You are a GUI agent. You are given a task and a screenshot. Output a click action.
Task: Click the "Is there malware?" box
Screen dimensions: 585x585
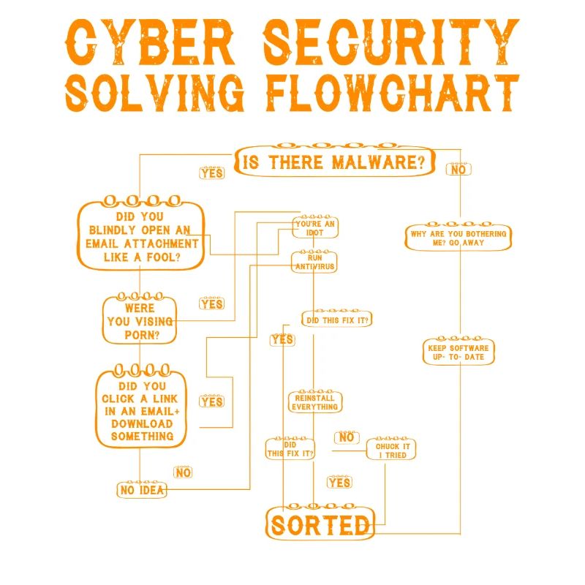pyautogui.click(x=333, y=162)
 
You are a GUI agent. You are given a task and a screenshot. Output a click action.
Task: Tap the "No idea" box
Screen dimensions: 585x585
pyautogui.click(x=142, y=489)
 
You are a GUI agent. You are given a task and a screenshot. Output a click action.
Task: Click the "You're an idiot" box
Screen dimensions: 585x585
pyautogui.click(x=315, y=227)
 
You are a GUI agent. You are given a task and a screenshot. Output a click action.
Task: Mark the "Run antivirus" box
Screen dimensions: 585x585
pyautogui.click(x=314, y=262)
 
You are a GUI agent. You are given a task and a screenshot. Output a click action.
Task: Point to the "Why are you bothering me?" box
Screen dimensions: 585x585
pyautogui.click(x=458, y=238)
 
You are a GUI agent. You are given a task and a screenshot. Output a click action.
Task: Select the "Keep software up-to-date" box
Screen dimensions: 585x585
pyautogui.click(x=458, y=352)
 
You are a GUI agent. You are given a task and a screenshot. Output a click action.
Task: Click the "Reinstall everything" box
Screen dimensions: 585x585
pyautogui.click(x=314, y=401)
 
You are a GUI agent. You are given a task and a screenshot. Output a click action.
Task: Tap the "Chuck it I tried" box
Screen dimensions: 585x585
pyautogui.click(x=392, y=450)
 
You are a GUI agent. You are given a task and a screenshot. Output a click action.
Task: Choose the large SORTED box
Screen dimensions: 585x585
pyautogui.click(x=320, y=524)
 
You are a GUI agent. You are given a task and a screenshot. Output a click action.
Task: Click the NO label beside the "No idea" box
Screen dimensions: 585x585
pyautogui.click(x=183, y=472)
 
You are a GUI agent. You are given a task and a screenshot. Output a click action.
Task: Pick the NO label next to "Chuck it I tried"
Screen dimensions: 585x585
pyautogui.click(x=346, y=437)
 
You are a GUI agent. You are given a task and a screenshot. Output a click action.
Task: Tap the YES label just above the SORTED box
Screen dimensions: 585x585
pyautogui.click(x=339, y=483)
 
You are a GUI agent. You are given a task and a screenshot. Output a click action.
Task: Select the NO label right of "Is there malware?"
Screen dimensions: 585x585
pyautogui.click(x=458, y=170)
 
